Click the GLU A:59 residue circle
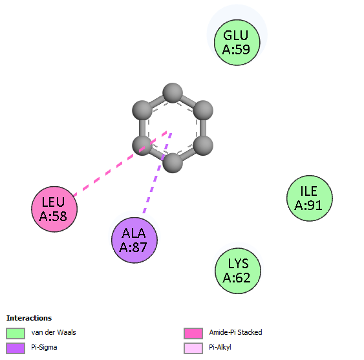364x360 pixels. click(x=237, y=43)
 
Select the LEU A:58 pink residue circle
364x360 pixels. click(x=54, y=209)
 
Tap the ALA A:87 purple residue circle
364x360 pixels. click(x=134, y=240)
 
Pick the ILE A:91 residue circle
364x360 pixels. click(x=310, y=198)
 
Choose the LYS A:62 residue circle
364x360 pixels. click(x=238, y=271)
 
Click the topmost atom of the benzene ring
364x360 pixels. click(x=173, y=93)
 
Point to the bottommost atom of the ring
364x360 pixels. click(x=173, y=163)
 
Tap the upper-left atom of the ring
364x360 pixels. click(x=142, y=111)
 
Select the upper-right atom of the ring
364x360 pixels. click(x=203, y=111)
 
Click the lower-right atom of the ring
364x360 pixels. click(x=203, y=145)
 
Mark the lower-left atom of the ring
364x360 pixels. click(x=142, y=145)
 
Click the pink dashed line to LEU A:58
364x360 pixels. click(x=120, y=164)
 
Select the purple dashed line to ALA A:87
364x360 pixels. click(x=157, y=173)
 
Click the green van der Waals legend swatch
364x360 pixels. click(x=16, y=334)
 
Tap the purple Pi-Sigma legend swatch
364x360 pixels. click(x=16, y=348)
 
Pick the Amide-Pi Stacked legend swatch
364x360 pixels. click(x=193, y=334)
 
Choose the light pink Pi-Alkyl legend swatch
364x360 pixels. click(x=193, y=348)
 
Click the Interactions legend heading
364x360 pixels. click(x=29, y=318)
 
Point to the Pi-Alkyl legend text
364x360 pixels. click(x=220, y=347)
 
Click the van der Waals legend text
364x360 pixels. click(x=54, y=332)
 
